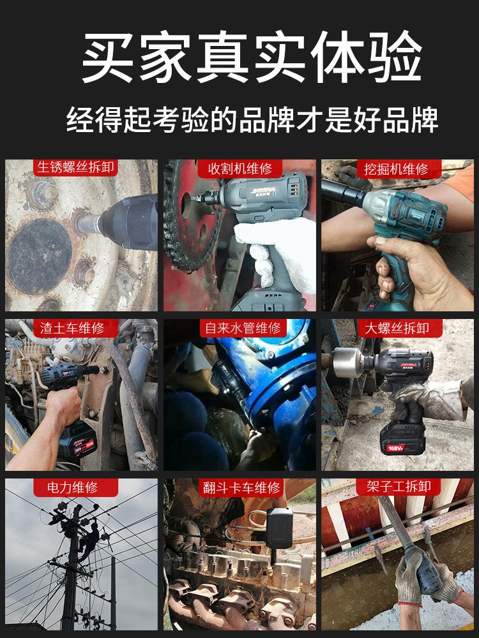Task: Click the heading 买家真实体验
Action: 252,57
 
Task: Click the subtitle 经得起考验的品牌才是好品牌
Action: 252,120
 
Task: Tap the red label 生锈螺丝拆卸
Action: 75,168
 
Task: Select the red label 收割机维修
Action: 240,168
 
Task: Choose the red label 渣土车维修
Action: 72,328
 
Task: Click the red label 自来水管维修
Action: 243,328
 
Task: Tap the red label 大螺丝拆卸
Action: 397,328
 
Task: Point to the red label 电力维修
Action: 73,487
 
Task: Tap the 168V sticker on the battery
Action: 395,448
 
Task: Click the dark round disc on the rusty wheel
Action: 40,256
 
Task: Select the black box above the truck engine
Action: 280,528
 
